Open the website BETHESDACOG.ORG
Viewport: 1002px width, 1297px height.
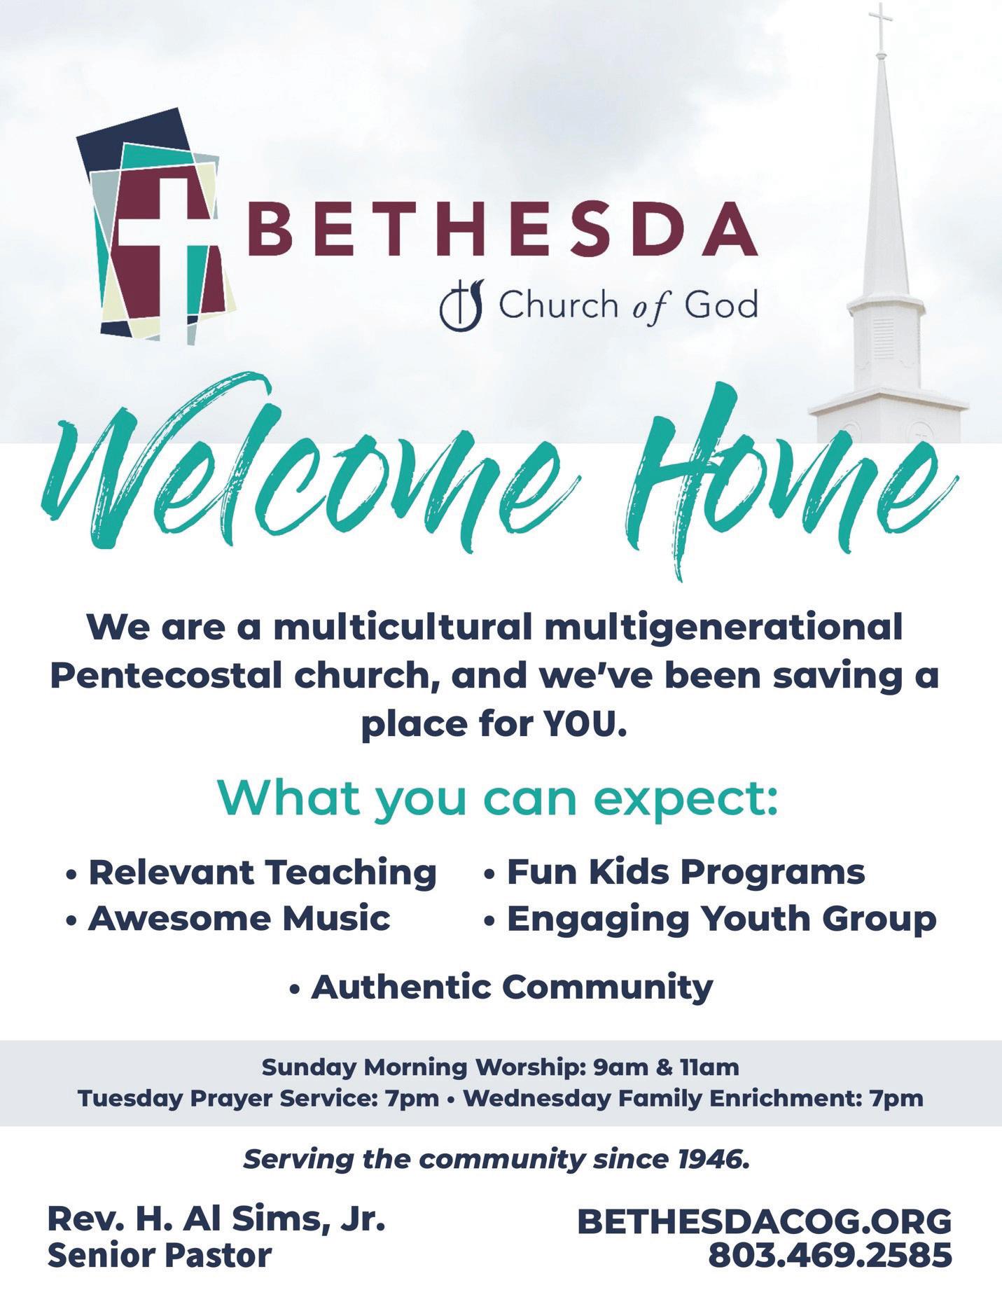pyautogui.click(x=764, y=1221)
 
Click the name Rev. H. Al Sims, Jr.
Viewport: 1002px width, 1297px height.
pyautogui.click(x=216, y=1220)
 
